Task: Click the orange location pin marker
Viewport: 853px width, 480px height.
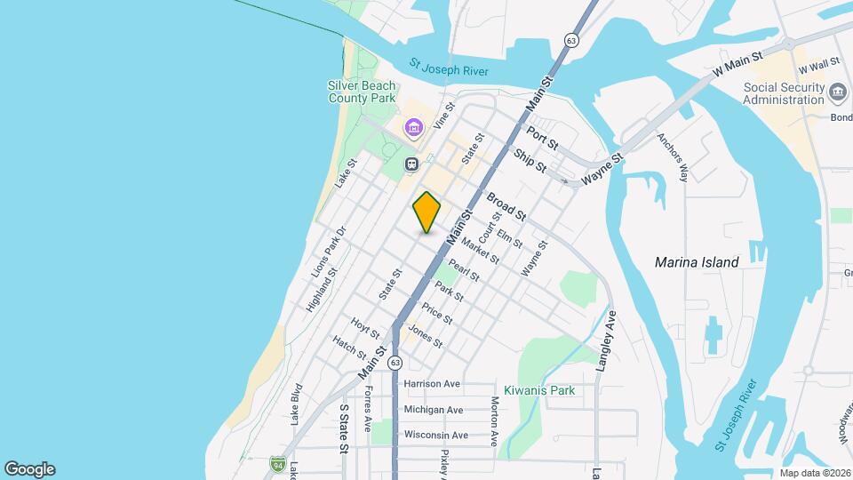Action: [426, 212]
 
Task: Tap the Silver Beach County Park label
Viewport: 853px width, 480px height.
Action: [361, 92]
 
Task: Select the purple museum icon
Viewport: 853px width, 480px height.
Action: [413, 128]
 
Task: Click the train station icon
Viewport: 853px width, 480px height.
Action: [412, 164]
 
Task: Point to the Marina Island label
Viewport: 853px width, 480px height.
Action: [696, 262]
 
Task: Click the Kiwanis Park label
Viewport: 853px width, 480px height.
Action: [539, 390]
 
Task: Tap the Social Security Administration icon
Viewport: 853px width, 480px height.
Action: [838, 92]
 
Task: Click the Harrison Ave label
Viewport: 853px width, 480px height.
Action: [432, 384]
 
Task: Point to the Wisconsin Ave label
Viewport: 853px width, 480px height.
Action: [435, 436]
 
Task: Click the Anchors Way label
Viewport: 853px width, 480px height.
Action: [672, 157]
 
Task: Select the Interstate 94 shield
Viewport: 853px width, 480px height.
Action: [278, 463]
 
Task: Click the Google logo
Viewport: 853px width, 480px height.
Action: [29, 469]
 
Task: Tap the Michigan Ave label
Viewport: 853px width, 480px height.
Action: [434, 410]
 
